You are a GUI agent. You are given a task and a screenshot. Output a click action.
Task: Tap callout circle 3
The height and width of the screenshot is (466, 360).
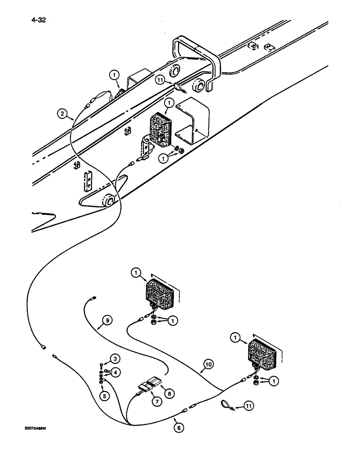(x=113, y=358)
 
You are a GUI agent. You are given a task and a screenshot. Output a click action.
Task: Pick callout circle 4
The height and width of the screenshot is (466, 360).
(x=113, y=371)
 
